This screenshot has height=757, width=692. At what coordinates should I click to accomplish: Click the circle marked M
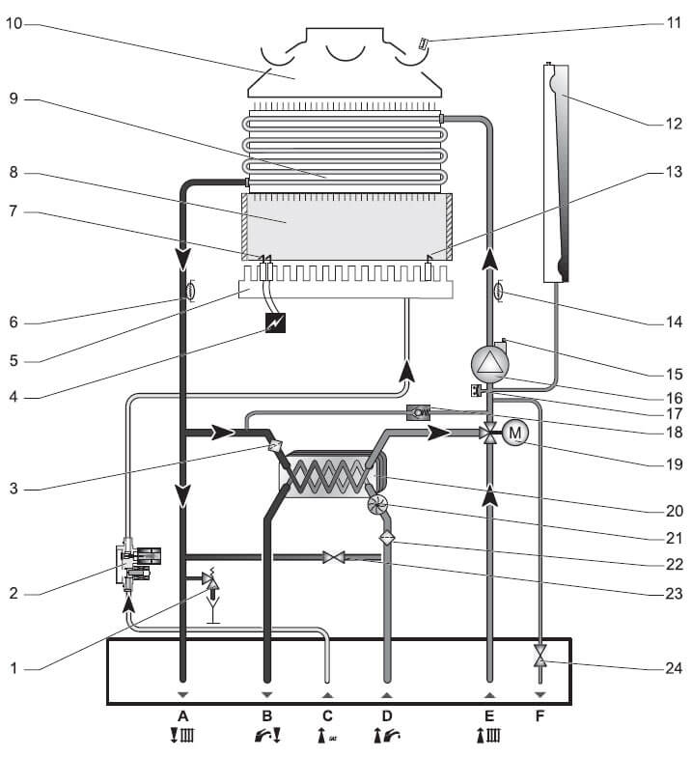(514, 433)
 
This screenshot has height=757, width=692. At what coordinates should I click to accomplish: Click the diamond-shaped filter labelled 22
(387, 538)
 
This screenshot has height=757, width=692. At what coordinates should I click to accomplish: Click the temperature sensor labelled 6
(189, 289)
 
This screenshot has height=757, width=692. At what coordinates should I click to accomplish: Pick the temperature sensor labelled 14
(499, 289)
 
